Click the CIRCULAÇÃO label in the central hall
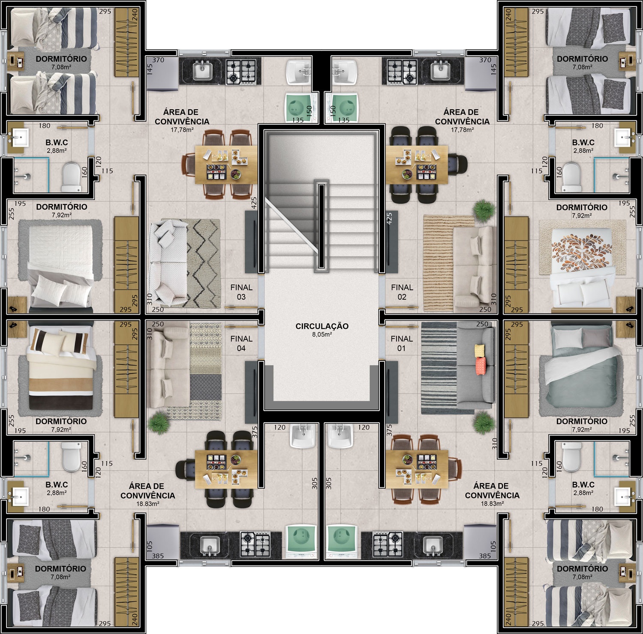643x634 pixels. [322, 326]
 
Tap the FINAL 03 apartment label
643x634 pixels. [241, 292]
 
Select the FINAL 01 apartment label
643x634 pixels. [402, 343]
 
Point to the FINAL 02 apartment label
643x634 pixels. [402, 292]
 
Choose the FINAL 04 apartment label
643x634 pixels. [241, 343]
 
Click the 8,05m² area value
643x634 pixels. [322, 334]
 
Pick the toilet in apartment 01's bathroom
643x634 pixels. [572, 457]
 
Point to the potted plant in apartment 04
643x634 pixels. [159, 422]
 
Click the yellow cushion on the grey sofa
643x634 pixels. [479, 351]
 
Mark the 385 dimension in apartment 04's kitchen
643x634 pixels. [158, 556]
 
